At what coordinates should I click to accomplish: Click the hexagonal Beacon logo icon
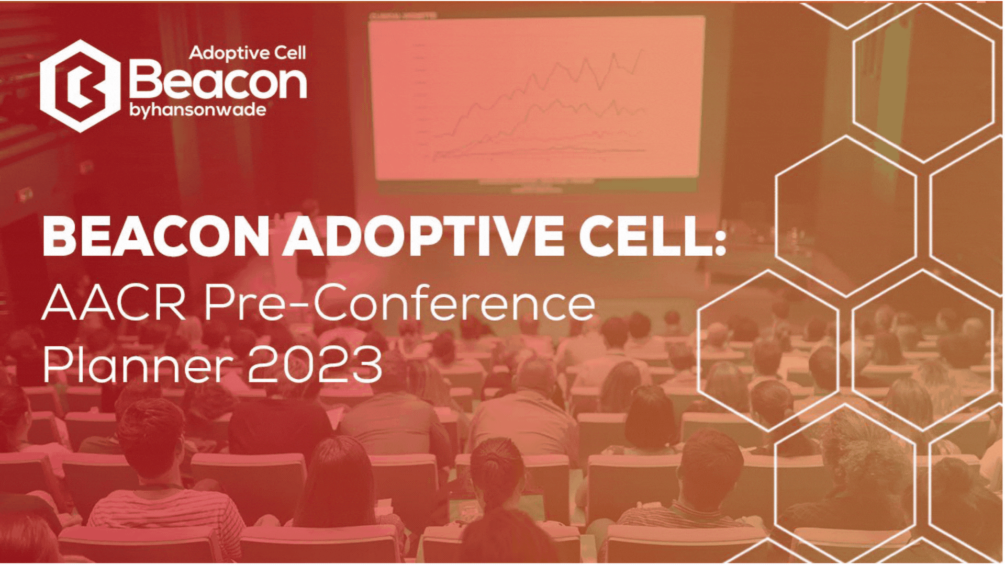[80, 86]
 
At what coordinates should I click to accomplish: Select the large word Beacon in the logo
[217, 80]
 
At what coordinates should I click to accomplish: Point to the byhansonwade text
[197, 110]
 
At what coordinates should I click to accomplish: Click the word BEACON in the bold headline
[156, 236]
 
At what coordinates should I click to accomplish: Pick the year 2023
[315, 365]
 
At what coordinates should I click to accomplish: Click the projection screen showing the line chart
[537, 97]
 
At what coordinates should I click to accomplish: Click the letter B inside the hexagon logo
[81, 86]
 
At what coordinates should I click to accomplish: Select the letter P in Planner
[55, 365]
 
